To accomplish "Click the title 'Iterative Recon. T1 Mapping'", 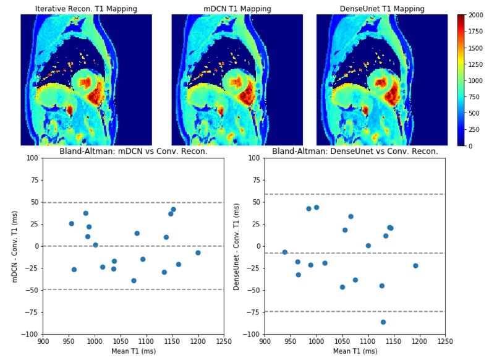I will tap(86, 9).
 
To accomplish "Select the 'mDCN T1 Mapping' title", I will tap(237, 9).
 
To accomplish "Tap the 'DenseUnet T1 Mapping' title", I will tap(382, 9).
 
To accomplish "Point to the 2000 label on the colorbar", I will tap(475, 15).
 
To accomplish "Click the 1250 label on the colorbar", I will tap(475, 64).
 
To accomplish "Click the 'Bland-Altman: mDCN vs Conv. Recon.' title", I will tap(133, 152).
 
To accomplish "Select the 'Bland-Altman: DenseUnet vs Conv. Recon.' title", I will tap(355, 152).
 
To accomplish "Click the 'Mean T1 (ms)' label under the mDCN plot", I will tap(133, 351).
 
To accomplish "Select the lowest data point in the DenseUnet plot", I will tap(383, 322).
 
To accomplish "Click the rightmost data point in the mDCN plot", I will tap(198, 253).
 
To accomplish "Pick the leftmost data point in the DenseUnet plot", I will tap(284, 252).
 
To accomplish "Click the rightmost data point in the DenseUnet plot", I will tap(415, 266).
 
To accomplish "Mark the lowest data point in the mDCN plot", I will tap(134, 281).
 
